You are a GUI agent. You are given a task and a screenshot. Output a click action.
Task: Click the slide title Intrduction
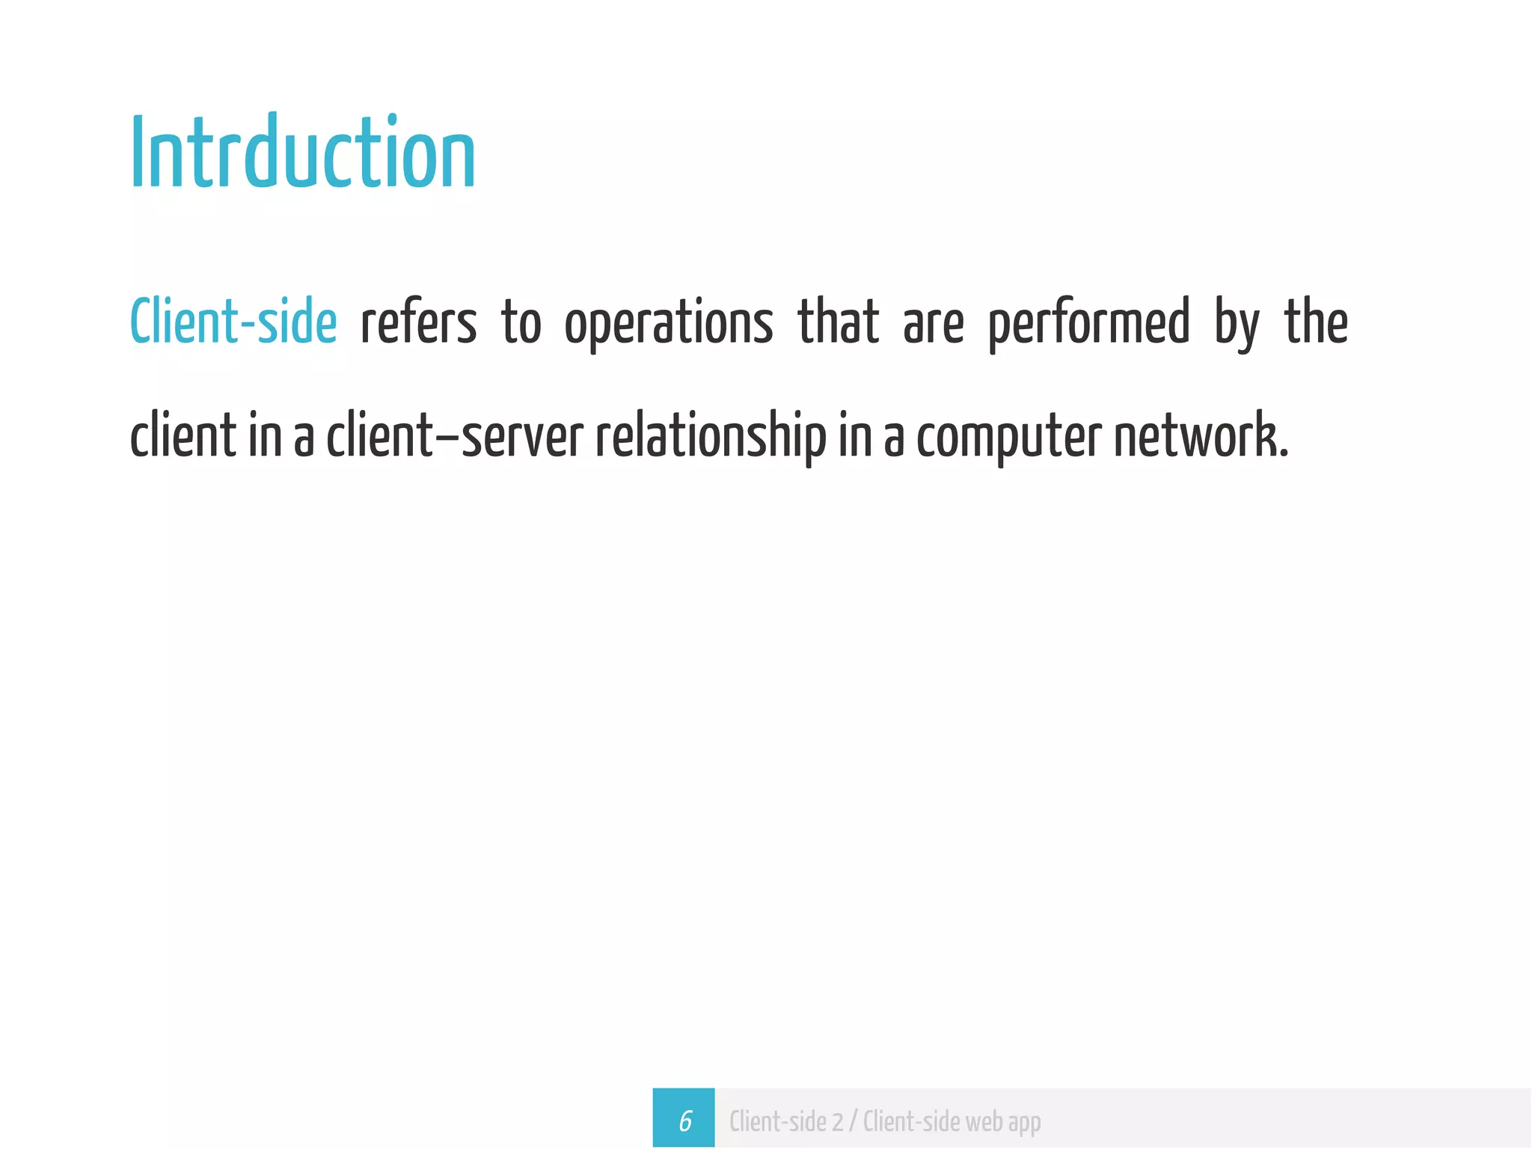(x=303, y=153)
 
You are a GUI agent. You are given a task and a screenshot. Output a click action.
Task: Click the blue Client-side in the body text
(x=233, y=322)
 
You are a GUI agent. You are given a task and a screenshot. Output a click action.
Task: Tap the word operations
(x=669, y=323)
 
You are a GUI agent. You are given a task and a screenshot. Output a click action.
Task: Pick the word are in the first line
(x=934, y=323)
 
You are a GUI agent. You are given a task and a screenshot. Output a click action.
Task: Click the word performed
(x=1088, y=323)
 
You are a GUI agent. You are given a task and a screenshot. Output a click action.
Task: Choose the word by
(x=1237, y=323)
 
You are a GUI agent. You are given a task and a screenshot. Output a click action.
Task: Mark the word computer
(x=1009, y=438)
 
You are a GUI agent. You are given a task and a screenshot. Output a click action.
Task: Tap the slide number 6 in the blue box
(x=684, y=1121)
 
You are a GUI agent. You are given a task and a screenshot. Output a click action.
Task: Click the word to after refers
(x=521, y=323)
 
